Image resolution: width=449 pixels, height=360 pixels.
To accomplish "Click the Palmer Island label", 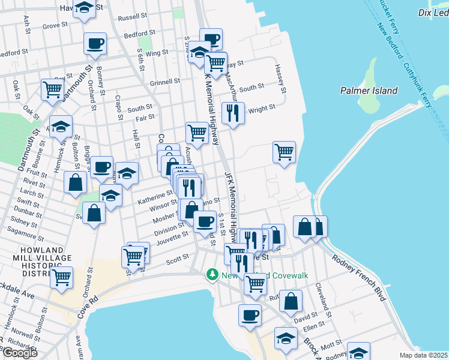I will point(369,91).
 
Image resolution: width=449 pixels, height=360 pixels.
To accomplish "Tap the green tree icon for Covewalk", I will point(212,274).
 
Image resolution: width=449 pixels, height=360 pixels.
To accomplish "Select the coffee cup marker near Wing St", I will point(95,43).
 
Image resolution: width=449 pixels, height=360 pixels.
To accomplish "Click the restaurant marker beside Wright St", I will point(232,112).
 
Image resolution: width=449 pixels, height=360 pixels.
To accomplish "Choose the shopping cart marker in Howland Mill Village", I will point(61,277).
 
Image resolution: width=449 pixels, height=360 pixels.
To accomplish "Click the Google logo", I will point(19,353).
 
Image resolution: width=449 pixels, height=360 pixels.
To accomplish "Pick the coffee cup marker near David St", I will point(250,314).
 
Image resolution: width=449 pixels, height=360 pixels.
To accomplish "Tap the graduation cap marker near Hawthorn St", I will point(84,8).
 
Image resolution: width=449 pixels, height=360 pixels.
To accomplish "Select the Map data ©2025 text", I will point(423,355).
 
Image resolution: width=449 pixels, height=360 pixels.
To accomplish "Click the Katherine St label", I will point(152,196).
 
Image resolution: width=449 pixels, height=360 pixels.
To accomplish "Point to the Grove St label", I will point(55,26).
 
